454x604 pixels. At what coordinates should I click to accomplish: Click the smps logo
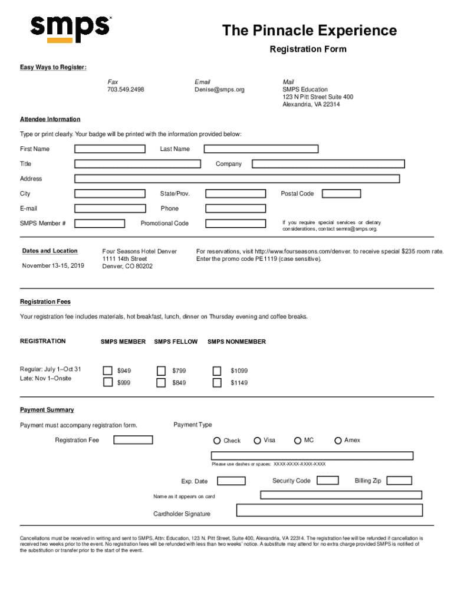(x=70, y=28)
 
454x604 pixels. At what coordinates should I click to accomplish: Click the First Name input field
(x=110, y=149)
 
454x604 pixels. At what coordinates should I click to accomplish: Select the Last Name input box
(x=261, y=149)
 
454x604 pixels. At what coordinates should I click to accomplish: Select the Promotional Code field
(x=235, y=224)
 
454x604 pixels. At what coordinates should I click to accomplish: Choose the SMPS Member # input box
(x=100, y=224)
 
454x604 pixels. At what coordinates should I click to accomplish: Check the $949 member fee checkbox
(x=108, y=370)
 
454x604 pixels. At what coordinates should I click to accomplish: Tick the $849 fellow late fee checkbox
(x=161, y=383)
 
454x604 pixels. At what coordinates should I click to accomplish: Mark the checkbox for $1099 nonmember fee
(x=217, y=370)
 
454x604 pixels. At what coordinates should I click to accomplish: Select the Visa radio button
(x=258, y=441)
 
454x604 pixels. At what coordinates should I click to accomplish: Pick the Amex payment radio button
(x=338, y=441)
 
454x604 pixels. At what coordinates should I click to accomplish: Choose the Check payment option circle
(x=217, y=441)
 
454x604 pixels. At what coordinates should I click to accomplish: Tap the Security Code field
(x=328, y=481)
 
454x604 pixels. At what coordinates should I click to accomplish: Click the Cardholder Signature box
(x=329, y=510)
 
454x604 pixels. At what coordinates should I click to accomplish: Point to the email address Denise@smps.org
(x=219, y=90)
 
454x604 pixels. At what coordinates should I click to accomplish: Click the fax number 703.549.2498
(x=126, y=90)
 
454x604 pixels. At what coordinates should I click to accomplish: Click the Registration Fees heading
(x=45, y=302)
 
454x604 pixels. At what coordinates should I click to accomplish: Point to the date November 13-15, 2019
(x=53, y=265)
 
